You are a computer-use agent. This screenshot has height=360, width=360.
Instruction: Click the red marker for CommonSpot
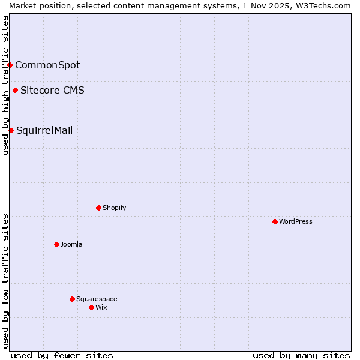coord(10,65)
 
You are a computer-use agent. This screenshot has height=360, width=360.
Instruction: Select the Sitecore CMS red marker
coord(15,91)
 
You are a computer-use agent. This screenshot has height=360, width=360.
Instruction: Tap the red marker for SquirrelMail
coord(11,130)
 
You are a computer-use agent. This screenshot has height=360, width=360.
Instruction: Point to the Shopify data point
coord(98,208)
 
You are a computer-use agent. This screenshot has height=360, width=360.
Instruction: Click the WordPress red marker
coord(275,221)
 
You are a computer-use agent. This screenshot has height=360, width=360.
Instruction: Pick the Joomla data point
coord(56,244)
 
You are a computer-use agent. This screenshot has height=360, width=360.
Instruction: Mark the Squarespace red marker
coord(72,299)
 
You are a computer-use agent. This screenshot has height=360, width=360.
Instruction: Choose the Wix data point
coord(91,307)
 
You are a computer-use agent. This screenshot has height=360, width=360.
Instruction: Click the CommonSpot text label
coord(47,65)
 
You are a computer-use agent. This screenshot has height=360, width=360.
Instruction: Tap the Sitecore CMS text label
coord(52,91)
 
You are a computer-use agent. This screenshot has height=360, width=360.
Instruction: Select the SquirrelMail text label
coord(44,130)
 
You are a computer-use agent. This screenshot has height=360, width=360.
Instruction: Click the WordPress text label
coord(296,221)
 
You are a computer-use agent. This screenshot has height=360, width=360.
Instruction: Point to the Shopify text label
coord(115,208)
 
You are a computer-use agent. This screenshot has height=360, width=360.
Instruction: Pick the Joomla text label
coord(71,244)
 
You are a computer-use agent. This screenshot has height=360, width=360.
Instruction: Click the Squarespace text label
coord(97,299)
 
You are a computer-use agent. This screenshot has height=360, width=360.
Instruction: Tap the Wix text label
coord(101,307)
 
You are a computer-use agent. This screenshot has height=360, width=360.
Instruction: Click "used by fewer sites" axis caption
coord(62,355)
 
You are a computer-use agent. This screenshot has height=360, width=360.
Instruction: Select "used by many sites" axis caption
coord(301,355)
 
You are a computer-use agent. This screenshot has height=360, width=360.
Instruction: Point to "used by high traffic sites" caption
coord(5,85)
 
